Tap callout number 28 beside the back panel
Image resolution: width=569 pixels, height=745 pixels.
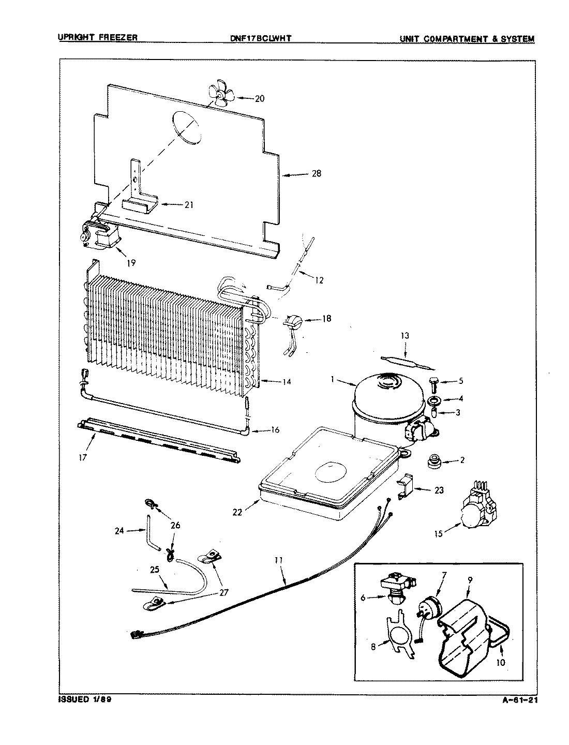click(316, 174)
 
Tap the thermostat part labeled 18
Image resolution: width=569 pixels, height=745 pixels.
click(292, 323)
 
